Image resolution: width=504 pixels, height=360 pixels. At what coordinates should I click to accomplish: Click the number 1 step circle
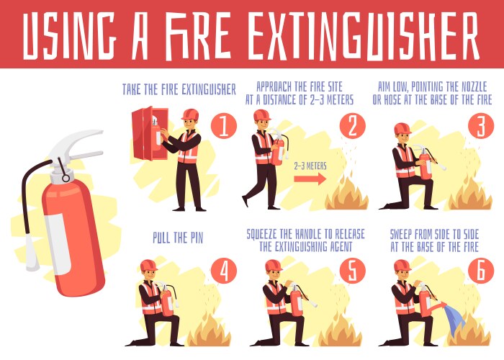[x=224, y=127]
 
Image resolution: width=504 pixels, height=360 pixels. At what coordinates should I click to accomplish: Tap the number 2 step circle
[x=352, y=127]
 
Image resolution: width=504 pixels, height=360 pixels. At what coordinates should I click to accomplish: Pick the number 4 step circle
[x=224, y=271]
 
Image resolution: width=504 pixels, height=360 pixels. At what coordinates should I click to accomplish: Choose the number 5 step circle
[x=352, y=271]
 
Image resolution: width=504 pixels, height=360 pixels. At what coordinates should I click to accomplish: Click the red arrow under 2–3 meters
[x=310, y=180]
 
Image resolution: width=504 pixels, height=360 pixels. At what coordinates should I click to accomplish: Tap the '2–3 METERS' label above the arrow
[x=310, y=166]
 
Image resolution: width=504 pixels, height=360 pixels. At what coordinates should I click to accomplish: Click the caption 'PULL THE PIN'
[x=182, y=236]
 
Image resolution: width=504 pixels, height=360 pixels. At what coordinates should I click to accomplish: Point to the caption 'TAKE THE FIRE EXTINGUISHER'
[x=179, y=90]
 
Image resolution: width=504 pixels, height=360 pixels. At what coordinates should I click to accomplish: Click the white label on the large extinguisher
[x=58, y=230]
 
